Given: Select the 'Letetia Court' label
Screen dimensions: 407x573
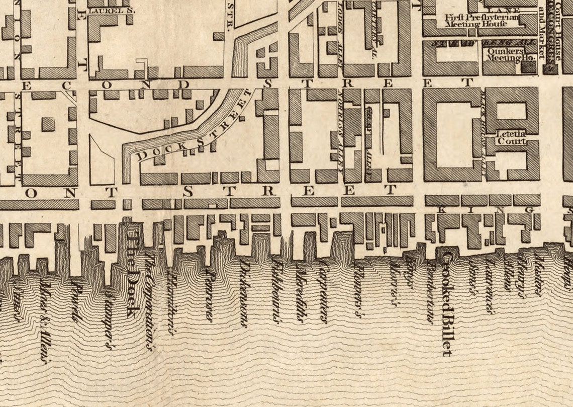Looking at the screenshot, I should coord(511,138).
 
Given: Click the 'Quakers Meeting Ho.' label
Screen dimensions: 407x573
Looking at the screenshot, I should coord(509,54).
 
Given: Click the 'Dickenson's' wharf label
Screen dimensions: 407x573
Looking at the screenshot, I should coord(244,293).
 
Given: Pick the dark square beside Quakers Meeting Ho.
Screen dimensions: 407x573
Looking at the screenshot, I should coord(529,67).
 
